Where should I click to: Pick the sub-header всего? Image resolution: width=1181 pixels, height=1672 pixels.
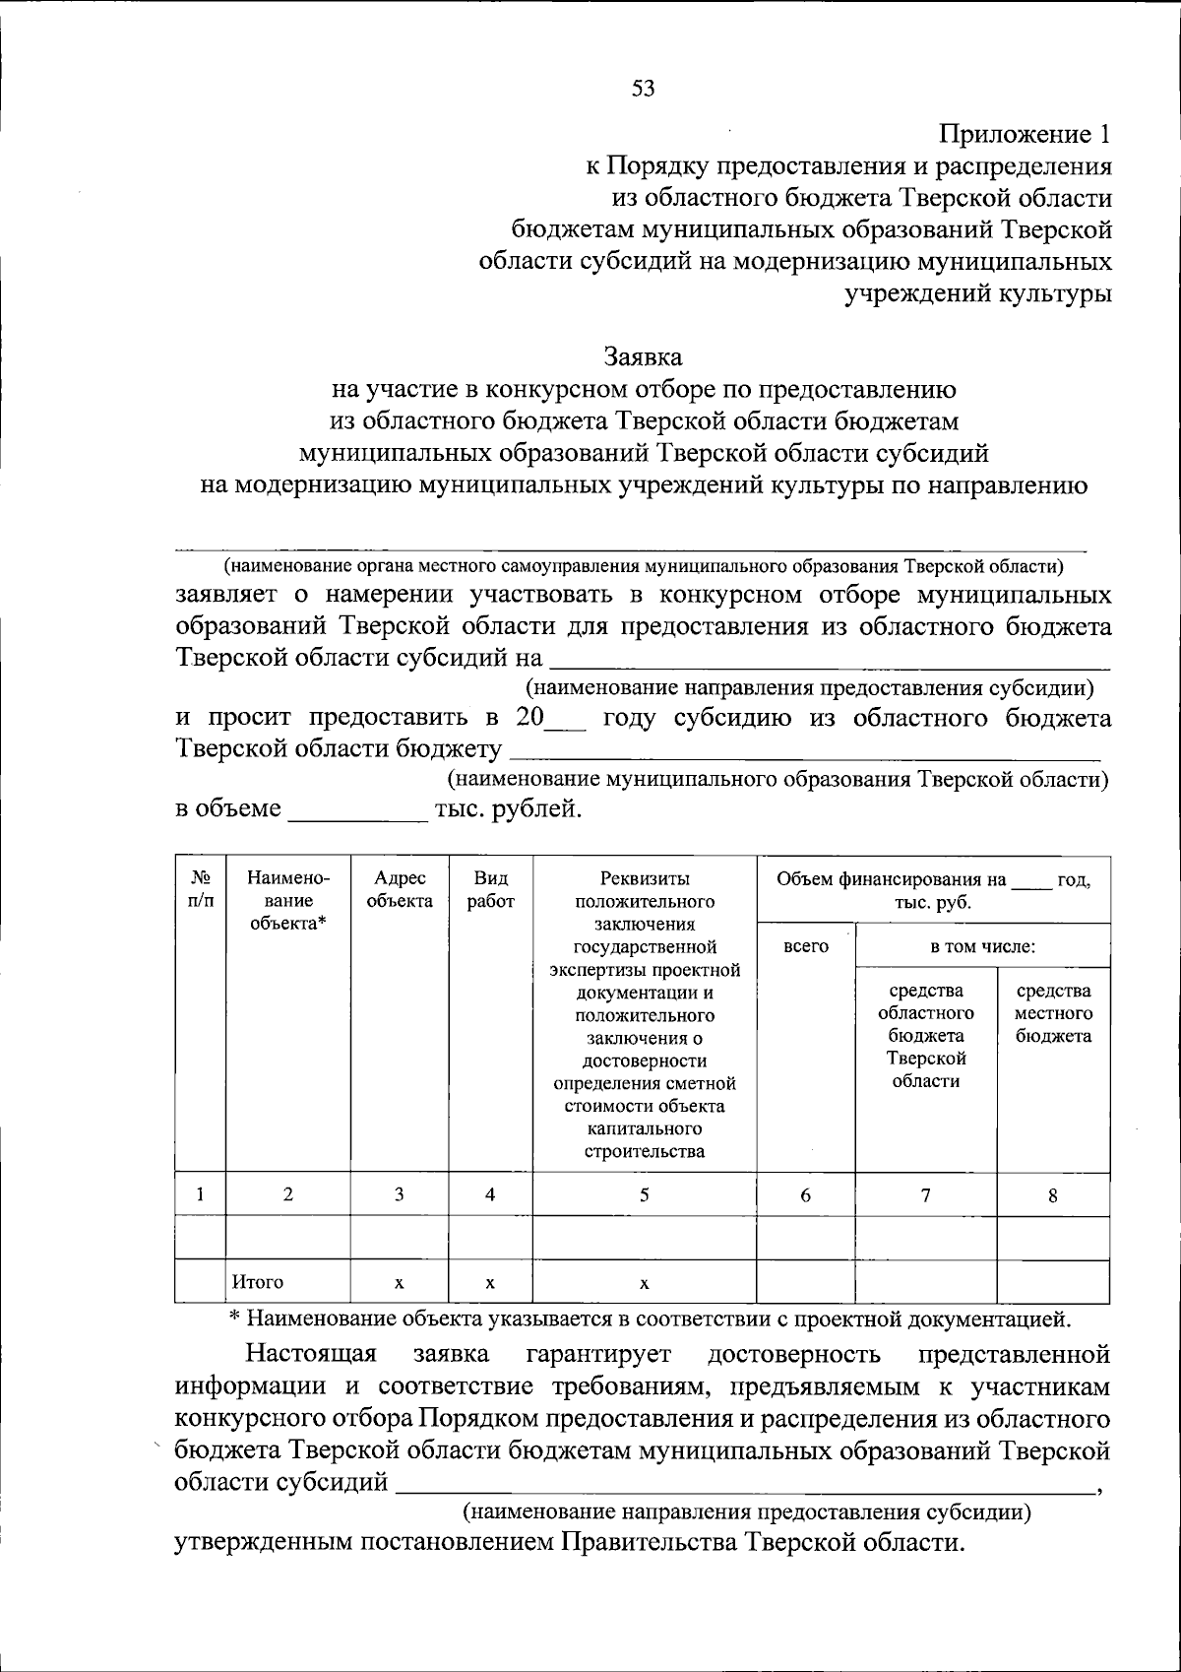click(x=805, y=946)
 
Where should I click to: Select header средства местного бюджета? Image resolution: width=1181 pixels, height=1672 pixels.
click(x=1053, y=1013)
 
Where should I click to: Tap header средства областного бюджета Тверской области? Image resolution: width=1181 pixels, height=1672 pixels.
click(x=925, y=1036)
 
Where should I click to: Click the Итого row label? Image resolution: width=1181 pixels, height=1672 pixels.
click(x=258, y=1282)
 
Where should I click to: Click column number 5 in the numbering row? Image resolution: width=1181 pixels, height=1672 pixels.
click(x=644, y=1194)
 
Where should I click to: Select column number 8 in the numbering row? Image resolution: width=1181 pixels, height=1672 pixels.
click(x=1053, y=1195)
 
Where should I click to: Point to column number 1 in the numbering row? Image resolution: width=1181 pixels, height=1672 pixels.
click(x=200, y=1194)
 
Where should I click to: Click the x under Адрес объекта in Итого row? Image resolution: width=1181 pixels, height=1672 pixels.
click(x=399, y=1283)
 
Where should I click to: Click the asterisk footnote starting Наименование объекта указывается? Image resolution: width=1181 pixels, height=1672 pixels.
click(x=648, y=1318)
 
